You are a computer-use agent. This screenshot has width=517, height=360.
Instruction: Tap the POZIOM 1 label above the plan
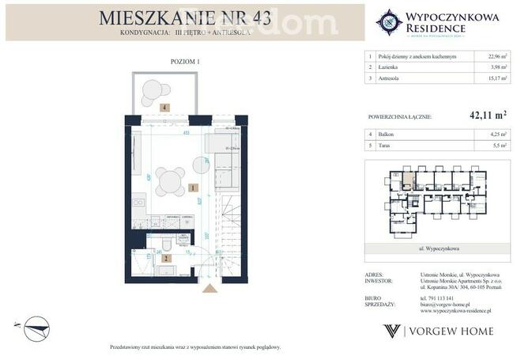click(x=185, y=61)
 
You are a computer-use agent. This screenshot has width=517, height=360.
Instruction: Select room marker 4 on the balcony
click(x=164, y=106)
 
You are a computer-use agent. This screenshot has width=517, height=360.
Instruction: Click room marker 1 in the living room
click(x=193, y=188)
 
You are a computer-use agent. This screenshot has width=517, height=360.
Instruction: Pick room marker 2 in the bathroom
click(x=167, y=257)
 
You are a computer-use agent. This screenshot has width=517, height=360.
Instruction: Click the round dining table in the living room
click(x=170, y=181)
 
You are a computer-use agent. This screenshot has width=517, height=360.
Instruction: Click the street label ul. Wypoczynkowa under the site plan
click(x=437, y=248)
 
